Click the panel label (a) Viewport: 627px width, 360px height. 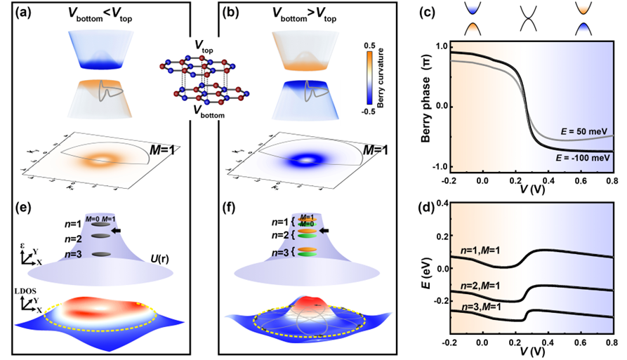tap(13, 13)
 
